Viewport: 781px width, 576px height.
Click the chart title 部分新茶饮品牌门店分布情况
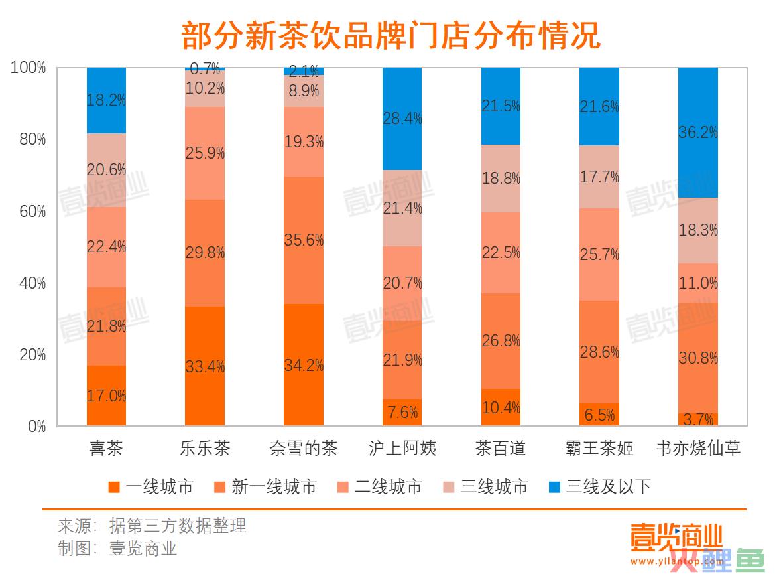391,35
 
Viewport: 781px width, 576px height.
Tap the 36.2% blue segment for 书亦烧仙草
697,133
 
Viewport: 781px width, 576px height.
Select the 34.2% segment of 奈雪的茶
304,365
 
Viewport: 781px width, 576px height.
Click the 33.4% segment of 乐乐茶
205,366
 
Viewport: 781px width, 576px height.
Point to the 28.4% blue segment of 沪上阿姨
402,119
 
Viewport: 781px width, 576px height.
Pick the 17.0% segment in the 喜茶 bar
106,396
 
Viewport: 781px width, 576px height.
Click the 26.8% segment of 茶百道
501,341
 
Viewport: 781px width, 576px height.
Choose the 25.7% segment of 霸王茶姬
599,255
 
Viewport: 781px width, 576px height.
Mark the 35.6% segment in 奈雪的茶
304,240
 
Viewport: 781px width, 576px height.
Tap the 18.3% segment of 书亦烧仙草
697,230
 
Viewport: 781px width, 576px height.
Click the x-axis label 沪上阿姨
402,449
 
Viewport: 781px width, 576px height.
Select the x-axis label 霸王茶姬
599,449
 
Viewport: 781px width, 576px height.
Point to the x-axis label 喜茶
106,449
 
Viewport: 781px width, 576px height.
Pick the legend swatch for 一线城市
114,488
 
